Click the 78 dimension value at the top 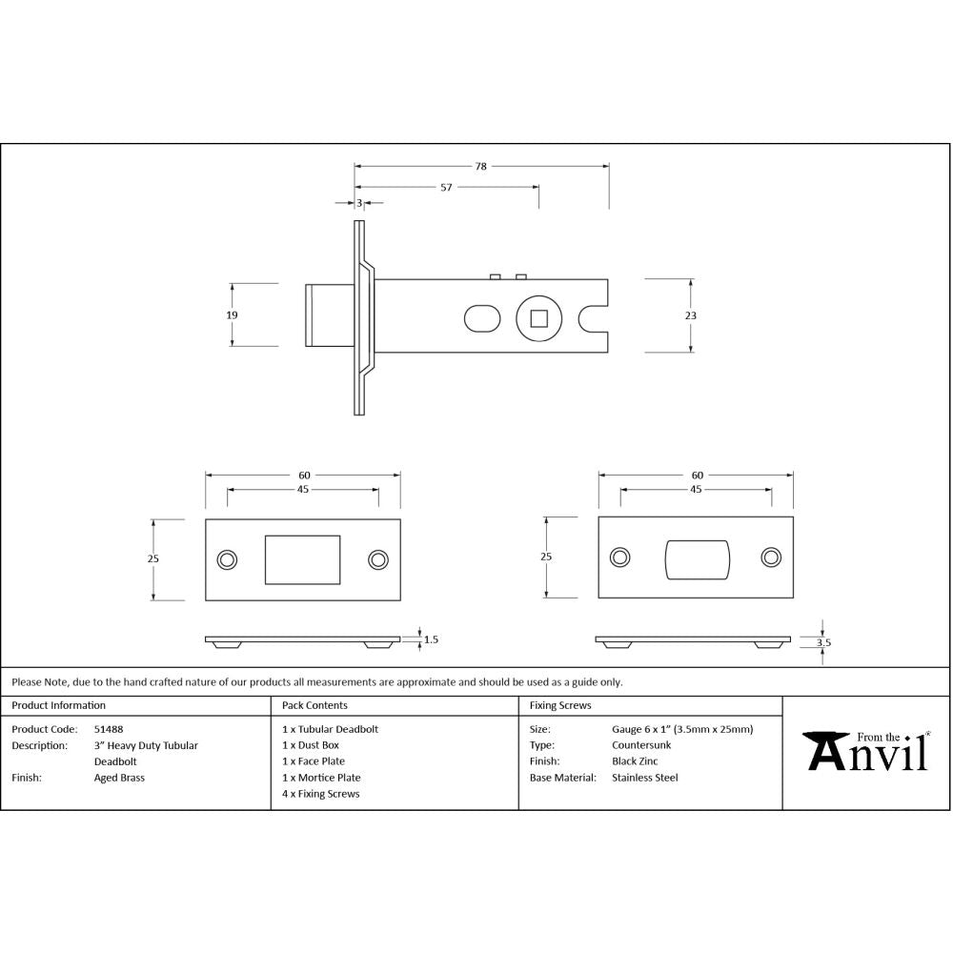pos(481,166)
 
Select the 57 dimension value pos(446,188)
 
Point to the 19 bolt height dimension pos(233,314)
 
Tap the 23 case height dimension pos(691,315)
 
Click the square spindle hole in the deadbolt pos(538,316)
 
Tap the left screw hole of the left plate pos(227,559)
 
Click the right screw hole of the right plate pos(770,558)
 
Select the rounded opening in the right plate pos(696,558)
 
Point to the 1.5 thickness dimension pos(431,639)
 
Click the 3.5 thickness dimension pos(823,642)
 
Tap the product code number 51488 pos(108,729)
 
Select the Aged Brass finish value pos(119,778)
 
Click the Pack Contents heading pos(314,705)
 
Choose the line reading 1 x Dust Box pos(311,745)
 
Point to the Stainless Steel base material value pos(644,778)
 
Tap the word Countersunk pos(641,745)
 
